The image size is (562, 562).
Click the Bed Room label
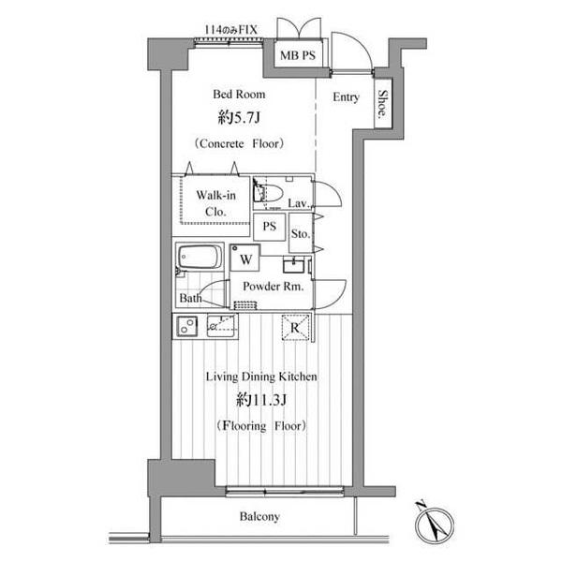tap(239, 95)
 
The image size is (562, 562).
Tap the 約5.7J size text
tap(239, 118)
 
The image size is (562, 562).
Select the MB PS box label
tap(298, 55)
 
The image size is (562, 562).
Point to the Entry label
tap(346, 96)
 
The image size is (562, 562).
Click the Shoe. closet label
tap(383, 104)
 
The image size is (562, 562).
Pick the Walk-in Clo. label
tap(215, 203)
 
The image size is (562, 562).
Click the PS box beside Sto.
tap(270, 227)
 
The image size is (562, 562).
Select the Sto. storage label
tap(300, 233)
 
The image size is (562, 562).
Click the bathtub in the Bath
tap(200, 257)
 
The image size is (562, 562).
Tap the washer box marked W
tap(245, 259)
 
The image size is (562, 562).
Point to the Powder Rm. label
tap(274, 287)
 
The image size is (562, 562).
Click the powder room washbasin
tap(294, 265)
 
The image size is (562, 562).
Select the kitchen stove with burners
tap(187, 326)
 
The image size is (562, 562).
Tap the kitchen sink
tap(221, 325)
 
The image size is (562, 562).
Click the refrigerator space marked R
tap(295, 327)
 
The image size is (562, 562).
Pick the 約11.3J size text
tap(261, 400)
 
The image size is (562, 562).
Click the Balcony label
tap(259, 516)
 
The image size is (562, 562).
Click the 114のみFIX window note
tap(230, 29)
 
